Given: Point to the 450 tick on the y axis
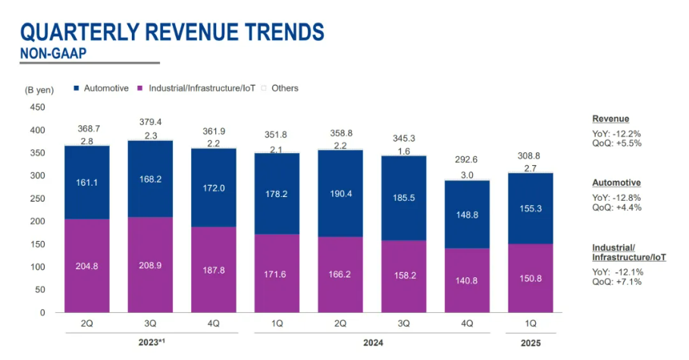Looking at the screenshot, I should pyautogui.click(x=37, y=107).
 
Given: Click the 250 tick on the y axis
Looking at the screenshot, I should pyautogui.click(x=37, y=199).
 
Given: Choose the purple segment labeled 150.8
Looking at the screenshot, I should pyautogui.click(x=529, y=277).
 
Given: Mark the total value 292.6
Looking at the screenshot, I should pyautogui.click(x=466, y=160).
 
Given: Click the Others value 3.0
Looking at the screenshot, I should pyautogui.click(x=466, y=175).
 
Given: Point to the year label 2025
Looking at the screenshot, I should pyautogui.click(x=529, y=343).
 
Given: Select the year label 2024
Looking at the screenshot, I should pyautogui.click(x=371, y=343).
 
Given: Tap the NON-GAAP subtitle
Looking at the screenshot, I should pyautogui.click(x=52, y=53).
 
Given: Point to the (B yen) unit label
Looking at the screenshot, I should pyautogui.click(x=39, y=89).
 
